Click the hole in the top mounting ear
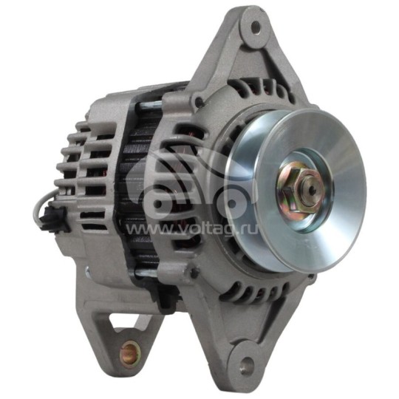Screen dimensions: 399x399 point(256,27)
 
